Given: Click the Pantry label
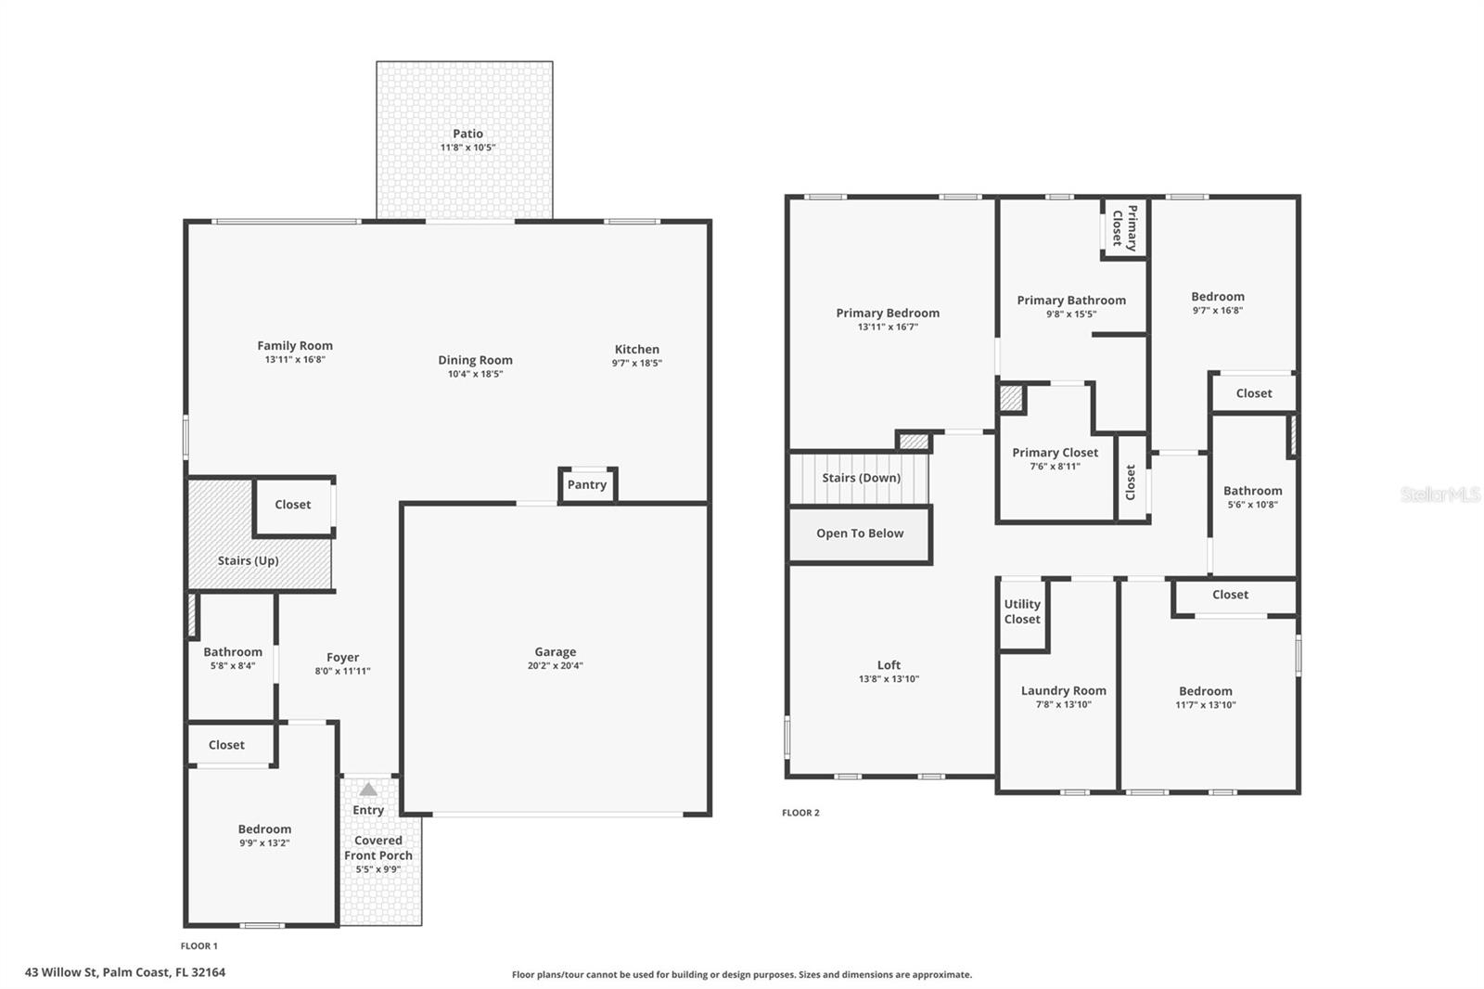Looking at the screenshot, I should (x=587, y=484).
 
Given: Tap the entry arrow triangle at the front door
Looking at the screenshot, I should (x=368, y=790).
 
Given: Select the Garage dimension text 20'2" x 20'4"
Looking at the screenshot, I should (x=555, y=665).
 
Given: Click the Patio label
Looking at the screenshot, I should (x=467, y=134).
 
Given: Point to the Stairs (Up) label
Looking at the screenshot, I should (x=248, y=560).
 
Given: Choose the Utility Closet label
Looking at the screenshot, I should (x=1022, y=611).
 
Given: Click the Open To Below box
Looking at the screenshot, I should (x=860, y=534).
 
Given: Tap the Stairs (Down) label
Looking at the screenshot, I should (x=861, y=478).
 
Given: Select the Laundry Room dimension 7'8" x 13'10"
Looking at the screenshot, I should (x=1063, y=704).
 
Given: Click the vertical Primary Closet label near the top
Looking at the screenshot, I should (x=1124, y=227).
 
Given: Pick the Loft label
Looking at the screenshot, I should (x=889, y=664).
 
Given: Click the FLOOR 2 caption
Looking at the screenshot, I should (x=800, y=813).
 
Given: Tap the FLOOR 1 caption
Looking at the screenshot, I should (x=198, y=946).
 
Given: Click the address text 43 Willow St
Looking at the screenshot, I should (x=125, y=972).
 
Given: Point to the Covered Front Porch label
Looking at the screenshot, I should (x=378, y=848).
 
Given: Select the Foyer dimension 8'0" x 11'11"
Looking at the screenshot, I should (x=342, y=671).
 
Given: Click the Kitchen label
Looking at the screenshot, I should (x=636, y=349).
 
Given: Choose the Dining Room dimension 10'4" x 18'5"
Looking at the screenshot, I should (x=475, y=374).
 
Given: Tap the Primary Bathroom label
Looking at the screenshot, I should (x=1071, y=300).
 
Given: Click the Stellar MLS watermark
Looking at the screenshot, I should (x=1439, y=494).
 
